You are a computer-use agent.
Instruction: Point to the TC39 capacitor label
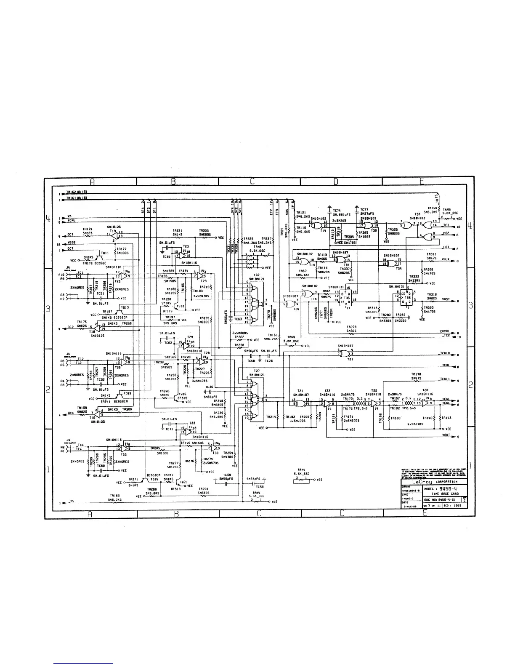point(167,256)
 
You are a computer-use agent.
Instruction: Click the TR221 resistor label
point(177,231)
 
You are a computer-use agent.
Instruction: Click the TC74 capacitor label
point(337,210)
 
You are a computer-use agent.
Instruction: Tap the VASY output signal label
point(446,299)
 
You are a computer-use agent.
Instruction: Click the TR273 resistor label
point(352,327)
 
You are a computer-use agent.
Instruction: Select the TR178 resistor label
point(416,374)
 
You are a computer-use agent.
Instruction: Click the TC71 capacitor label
point(170,429)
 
